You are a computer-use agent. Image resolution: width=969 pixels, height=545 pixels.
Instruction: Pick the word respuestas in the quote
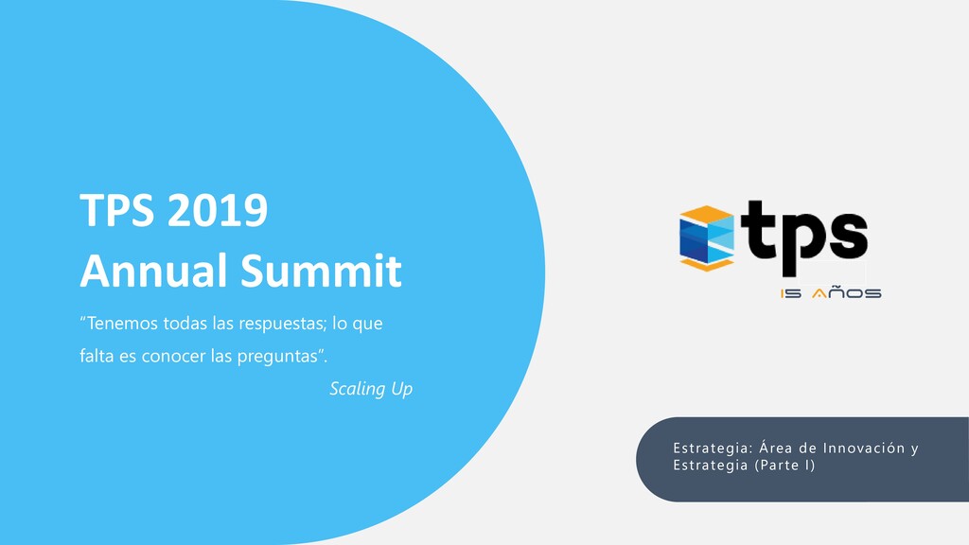coord(279,324)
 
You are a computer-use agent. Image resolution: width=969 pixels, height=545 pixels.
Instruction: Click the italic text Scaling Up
coord(371,389)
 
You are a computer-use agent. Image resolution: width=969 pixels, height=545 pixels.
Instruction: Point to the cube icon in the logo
coord(707,237)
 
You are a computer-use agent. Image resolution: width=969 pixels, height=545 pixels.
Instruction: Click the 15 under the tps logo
coord(792,293)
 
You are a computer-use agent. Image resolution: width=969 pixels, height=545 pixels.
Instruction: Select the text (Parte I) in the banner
coord(784,466)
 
